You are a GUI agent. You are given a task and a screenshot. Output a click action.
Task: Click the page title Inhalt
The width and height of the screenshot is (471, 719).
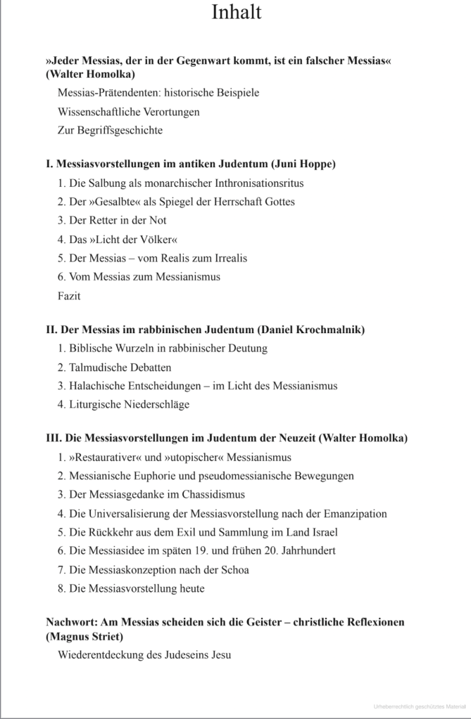[235, 13]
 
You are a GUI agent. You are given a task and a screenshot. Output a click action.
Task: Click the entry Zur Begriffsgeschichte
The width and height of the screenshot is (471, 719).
[110, 130]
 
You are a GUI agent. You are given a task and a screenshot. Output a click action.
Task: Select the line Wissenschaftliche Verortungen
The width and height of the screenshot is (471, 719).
[128, 111]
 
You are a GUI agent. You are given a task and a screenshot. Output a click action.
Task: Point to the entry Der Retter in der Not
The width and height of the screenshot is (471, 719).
[112, 220]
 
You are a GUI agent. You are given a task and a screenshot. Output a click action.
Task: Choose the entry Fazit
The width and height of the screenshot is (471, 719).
[69, 296]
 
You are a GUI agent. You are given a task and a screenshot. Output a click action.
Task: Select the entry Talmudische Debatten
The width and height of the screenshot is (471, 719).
[114, 367]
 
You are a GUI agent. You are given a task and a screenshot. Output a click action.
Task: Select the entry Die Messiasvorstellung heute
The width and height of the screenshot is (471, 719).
[131, 588]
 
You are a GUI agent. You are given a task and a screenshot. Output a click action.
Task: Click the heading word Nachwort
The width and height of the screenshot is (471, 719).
[71, 622]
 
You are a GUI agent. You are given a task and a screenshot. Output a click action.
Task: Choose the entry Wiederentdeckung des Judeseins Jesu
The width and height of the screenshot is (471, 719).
[144, 655]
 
